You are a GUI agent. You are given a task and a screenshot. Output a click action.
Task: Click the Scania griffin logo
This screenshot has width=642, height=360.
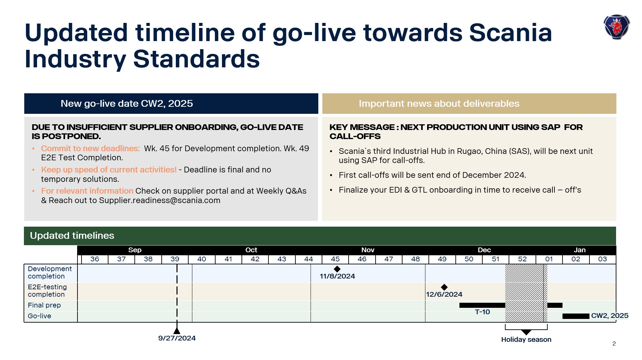[x=616, y=27]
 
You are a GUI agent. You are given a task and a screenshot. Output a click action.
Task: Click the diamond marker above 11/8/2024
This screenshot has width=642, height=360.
[x=337, y=269]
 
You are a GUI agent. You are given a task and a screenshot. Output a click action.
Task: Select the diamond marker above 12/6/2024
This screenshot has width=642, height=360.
[x=444, y=287]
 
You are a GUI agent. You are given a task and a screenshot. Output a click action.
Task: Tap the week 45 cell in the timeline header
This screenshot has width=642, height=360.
[x=335, y=259]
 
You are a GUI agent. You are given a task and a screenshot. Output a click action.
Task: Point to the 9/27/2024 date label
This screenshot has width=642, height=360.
[x=177, y=338]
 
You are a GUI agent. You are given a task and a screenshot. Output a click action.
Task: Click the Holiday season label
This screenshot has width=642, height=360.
[x=526, y=339]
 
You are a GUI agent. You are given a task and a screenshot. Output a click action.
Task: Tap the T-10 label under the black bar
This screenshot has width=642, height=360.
[x=482, y=312]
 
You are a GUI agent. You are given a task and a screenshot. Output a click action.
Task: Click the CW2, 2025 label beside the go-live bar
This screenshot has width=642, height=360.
[x=609, y=316]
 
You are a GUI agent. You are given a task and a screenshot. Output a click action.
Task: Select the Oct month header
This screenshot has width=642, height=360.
[x=251, y=250]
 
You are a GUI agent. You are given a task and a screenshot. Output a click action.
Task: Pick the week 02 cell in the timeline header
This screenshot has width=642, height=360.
[x=575, y=259]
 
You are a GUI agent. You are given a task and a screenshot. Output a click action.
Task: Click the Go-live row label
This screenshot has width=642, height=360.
[x=39, y=316]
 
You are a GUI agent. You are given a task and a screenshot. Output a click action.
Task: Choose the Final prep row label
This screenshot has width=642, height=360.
[x=44, y=305]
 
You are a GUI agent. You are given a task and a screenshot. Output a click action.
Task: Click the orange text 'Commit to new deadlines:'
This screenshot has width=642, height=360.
[x=90, y=149]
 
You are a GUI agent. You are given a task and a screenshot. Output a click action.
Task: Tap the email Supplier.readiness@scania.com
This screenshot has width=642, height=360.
[x=159, y=200]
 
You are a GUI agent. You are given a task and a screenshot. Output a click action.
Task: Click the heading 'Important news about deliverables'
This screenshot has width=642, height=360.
[x=439, y=103]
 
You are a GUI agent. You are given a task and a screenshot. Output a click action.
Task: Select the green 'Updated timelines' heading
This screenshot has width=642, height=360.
[x=72, y=235]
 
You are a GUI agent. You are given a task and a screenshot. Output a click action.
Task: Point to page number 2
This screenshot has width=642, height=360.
[x=614, y=343]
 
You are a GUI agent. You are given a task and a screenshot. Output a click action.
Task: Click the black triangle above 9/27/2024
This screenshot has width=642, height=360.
[x=177, y=331]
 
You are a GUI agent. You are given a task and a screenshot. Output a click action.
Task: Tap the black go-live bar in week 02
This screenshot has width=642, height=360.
[x=575, y=316]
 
